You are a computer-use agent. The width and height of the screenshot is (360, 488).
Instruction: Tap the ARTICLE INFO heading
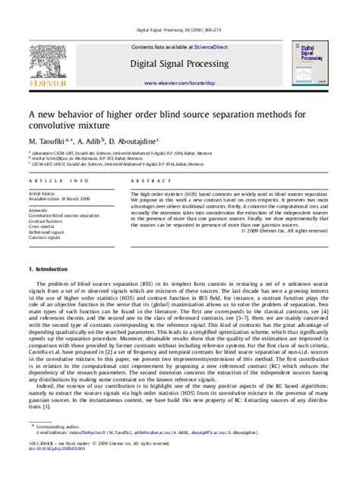pos(53,181)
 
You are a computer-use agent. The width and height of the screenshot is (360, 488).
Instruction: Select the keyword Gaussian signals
pos(46,238)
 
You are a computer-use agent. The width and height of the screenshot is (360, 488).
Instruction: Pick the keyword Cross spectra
pos(43,227)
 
